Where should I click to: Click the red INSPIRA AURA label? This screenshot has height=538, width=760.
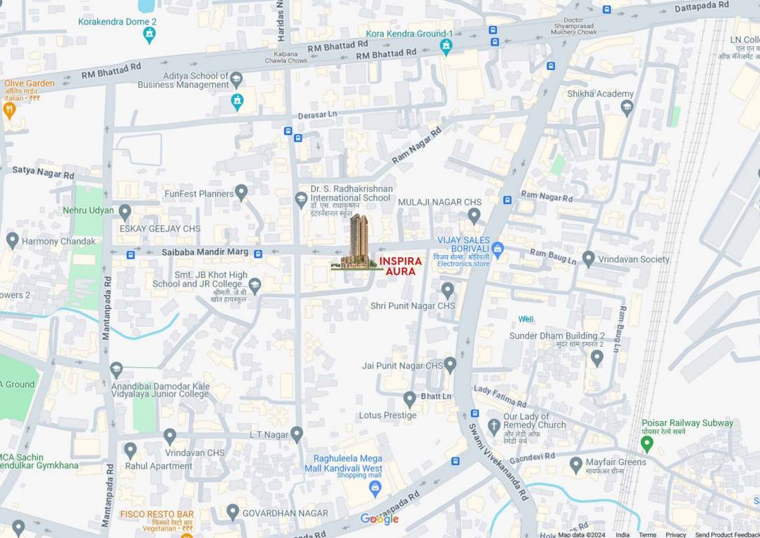pos(400,266)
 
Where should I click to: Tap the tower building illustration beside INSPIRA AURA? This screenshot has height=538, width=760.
pos(358,242)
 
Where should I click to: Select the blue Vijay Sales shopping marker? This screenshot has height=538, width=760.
pos(498,248)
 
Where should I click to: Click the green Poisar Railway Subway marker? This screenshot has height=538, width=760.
pos(647,443)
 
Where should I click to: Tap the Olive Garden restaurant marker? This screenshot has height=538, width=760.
pos(9,109)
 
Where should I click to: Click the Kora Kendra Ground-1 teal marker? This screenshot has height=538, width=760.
pos(446,46)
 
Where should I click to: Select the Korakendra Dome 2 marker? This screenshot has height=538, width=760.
pos(149,34)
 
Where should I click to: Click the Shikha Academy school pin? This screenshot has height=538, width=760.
pos(626,107)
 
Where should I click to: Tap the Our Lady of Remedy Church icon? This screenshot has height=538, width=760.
pos(494,425)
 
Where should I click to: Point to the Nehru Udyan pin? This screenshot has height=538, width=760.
pos(125,212)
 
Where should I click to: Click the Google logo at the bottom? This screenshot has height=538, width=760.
pos(379,519)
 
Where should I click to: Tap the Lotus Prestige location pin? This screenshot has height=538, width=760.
pos(409,399)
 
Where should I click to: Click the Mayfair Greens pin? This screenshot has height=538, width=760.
pos(576,464)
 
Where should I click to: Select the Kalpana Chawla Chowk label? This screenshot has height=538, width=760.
pos(287,57)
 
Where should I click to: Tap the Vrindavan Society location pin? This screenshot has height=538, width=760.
pos(589,258)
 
